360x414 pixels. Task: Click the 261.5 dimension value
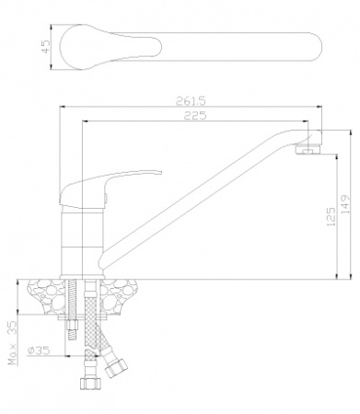(x=191, y=100)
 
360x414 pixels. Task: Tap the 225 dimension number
(x=195, y=115)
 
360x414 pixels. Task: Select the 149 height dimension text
(x=345, y=204)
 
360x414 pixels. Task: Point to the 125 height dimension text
(x=331, y=216)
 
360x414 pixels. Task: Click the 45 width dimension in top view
(x=45, y=47)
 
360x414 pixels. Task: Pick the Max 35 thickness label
(x=13, y=342)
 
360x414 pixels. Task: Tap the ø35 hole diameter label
(x=39, y=351)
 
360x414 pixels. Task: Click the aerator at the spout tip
(x=308, y=149)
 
